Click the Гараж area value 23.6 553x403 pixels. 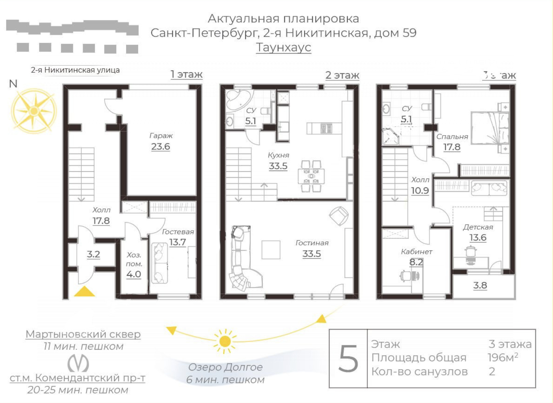161,147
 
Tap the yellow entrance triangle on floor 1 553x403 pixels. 84,292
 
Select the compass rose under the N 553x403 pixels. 33,111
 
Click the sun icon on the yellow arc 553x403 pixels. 225,341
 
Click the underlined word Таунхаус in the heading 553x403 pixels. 283,47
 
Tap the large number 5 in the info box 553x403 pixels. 348,359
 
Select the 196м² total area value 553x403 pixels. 502,357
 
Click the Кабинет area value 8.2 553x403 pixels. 416,262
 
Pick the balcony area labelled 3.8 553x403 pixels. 480,285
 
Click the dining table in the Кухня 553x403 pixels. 311,176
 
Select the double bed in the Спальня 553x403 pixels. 489,128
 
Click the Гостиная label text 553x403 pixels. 312,243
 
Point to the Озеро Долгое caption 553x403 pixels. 225,367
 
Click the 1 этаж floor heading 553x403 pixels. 186,74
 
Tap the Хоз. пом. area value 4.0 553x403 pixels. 134,274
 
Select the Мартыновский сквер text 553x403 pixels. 83,334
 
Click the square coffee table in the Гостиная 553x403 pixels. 271,249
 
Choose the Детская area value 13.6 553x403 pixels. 478,238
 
